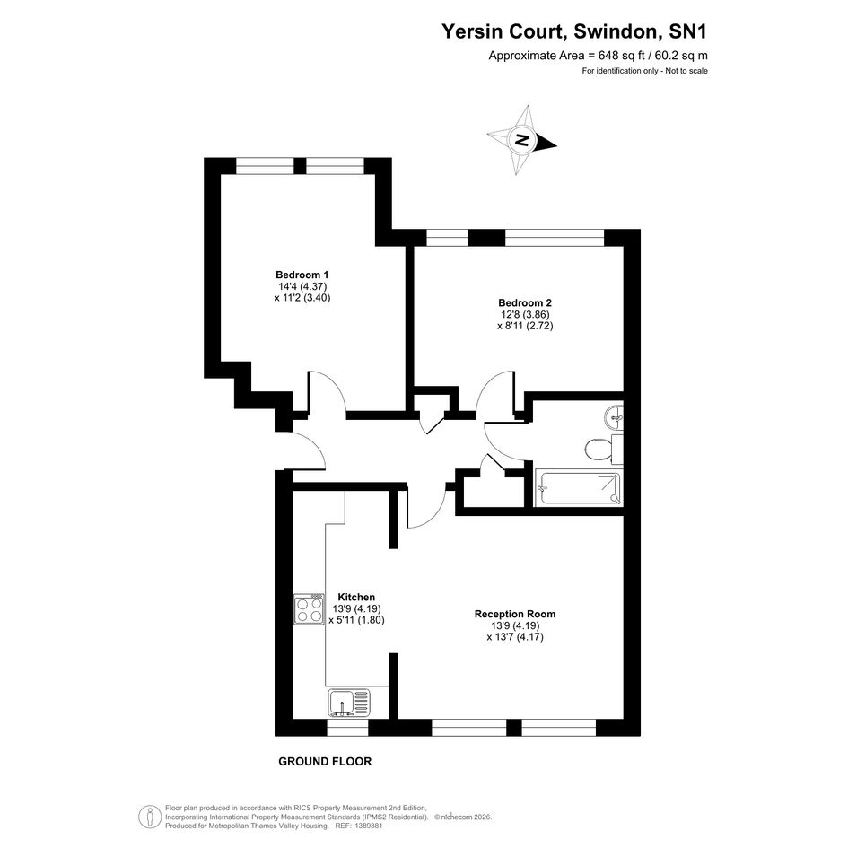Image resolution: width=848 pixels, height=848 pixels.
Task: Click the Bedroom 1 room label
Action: tap(302, 275)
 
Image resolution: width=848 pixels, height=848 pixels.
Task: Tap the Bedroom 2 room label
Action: tap(525, 303)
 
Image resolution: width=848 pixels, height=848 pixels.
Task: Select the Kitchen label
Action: tap(356, 597)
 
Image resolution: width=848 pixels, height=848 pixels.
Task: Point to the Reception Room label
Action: tap(515, 614)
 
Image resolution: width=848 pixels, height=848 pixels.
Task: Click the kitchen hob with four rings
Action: tap(309, 609)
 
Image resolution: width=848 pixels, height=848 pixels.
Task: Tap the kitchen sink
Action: tap(349, 703)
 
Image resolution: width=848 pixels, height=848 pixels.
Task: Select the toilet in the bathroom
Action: tap(599, 449)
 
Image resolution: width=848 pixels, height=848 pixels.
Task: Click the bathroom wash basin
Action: tap(613, 416)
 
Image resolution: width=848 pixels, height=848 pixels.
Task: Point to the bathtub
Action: tap(578, 488)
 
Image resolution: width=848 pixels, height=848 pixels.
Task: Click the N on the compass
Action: tap(521, 141)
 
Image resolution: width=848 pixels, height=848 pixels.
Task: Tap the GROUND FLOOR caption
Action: tap(325, 762)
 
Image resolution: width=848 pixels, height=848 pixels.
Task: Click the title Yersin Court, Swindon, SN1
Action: tap(574, 31)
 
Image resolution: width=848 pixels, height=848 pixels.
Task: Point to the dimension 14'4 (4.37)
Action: tap(302, 286)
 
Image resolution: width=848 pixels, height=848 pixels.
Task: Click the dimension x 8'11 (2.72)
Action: tap(525, 326)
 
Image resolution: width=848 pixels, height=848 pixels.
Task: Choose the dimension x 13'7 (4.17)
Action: tap(515, 636)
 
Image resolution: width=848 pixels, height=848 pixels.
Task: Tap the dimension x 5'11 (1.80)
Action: tap(356, 620)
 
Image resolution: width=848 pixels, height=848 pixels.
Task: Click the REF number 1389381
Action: tap(367, 826)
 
